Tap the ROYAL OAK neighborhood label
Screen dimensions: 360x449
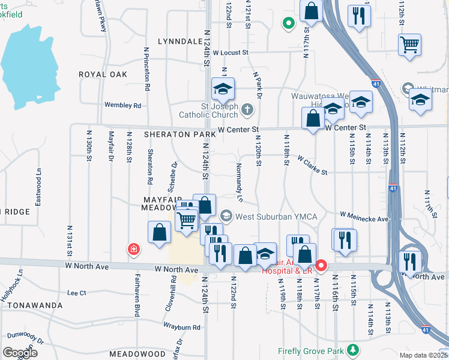click(x=103, y=74)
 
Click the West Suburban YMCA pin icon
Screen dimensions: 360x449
click(x=226, y=215)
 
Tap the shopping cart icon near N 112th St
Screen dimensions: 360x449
click(x=409, y=44)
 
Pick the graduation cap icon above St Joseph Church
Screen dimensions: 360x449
click(x=222, y=91)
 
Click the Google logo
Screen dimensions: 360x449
click(x=20, y=353)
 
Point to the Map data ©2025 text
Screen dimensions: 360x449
click(x=423, y=355)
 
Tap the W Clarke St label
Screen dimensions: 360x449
click(x=312, y=166)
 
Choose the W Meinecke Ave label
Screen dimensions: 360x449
click(x=364, y=216)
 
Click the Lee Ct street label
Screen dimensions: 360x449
click(x=77, y=293)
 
